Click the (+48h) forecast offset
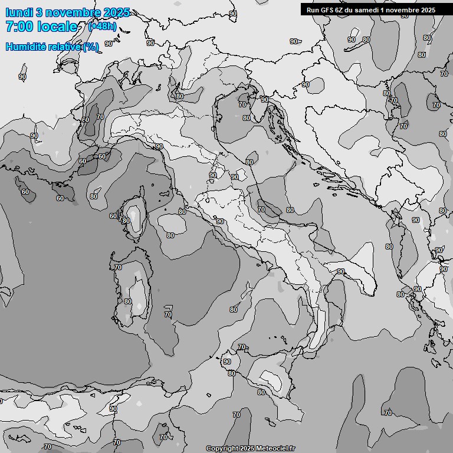102,26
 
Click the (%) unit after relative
90,47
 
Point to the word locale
57,27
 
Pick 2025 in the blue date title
116,13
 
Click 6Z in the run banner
339,9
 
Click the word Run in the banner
312,9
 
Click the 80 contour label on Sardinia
128,301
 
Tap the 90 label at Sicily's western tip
227,362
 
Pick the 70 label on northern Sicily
241,347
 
